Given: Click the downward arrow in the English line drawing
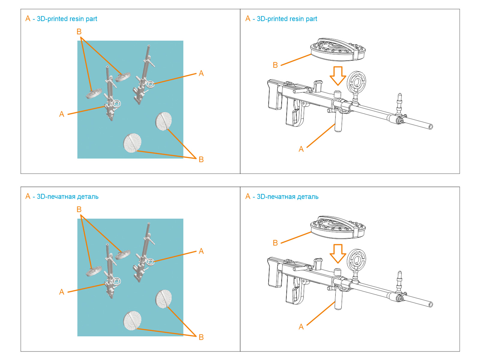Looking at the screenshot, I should [x=338, y=76].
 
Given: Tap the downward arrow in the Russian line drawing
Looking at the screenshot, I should [x=338, y=254].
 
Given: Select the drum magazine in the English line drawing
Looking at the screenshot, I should [x=338, y=49].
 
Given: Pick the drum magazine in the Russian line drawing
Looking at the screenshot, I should [x=338, y=227].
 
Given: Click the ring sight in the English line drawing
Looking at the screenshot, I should [x=356, y=82].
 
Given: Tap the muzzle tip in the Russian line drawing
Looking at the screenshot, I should [x=430, y=304].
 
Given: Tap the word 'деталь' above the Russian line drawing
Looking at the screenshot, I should [x=307, y=197].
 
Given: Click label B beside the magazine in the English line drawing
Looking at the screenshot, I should [x=275, y=65].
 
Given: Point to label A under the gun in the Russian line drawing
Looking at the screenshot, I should [x=301, y=327].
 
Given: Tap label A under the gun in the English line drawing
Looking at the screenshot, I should [x=301, y=149].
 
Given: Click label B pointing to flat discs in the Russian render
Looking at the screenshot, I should [x=201, y=337].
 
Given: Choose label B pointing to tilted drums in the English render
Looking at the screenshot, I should [x=79, y=31].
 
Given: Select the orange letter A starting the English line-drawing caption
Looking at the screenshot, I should [x=248, y=19].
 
